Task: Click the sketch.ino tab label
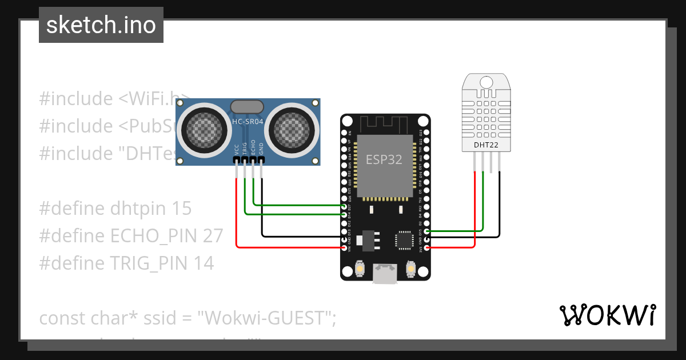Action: click(101, 25)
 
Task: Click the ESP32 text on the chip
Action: click(384, 160)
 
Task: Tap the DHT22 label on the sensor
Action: click(486, 145)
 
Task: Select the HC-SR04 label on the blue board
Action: click(248, 122)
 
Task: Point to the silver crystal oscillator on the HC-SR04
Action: click(247, 106)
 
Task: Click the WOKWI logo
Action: click(607, 315)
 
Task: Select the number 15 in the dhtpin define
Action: click(181, 209)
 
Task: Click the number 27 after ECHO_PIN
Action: click(211, 236)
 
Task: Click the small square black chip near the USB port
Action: click(404, 240)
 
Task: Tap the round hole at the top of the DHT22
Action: click(486, 82)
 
